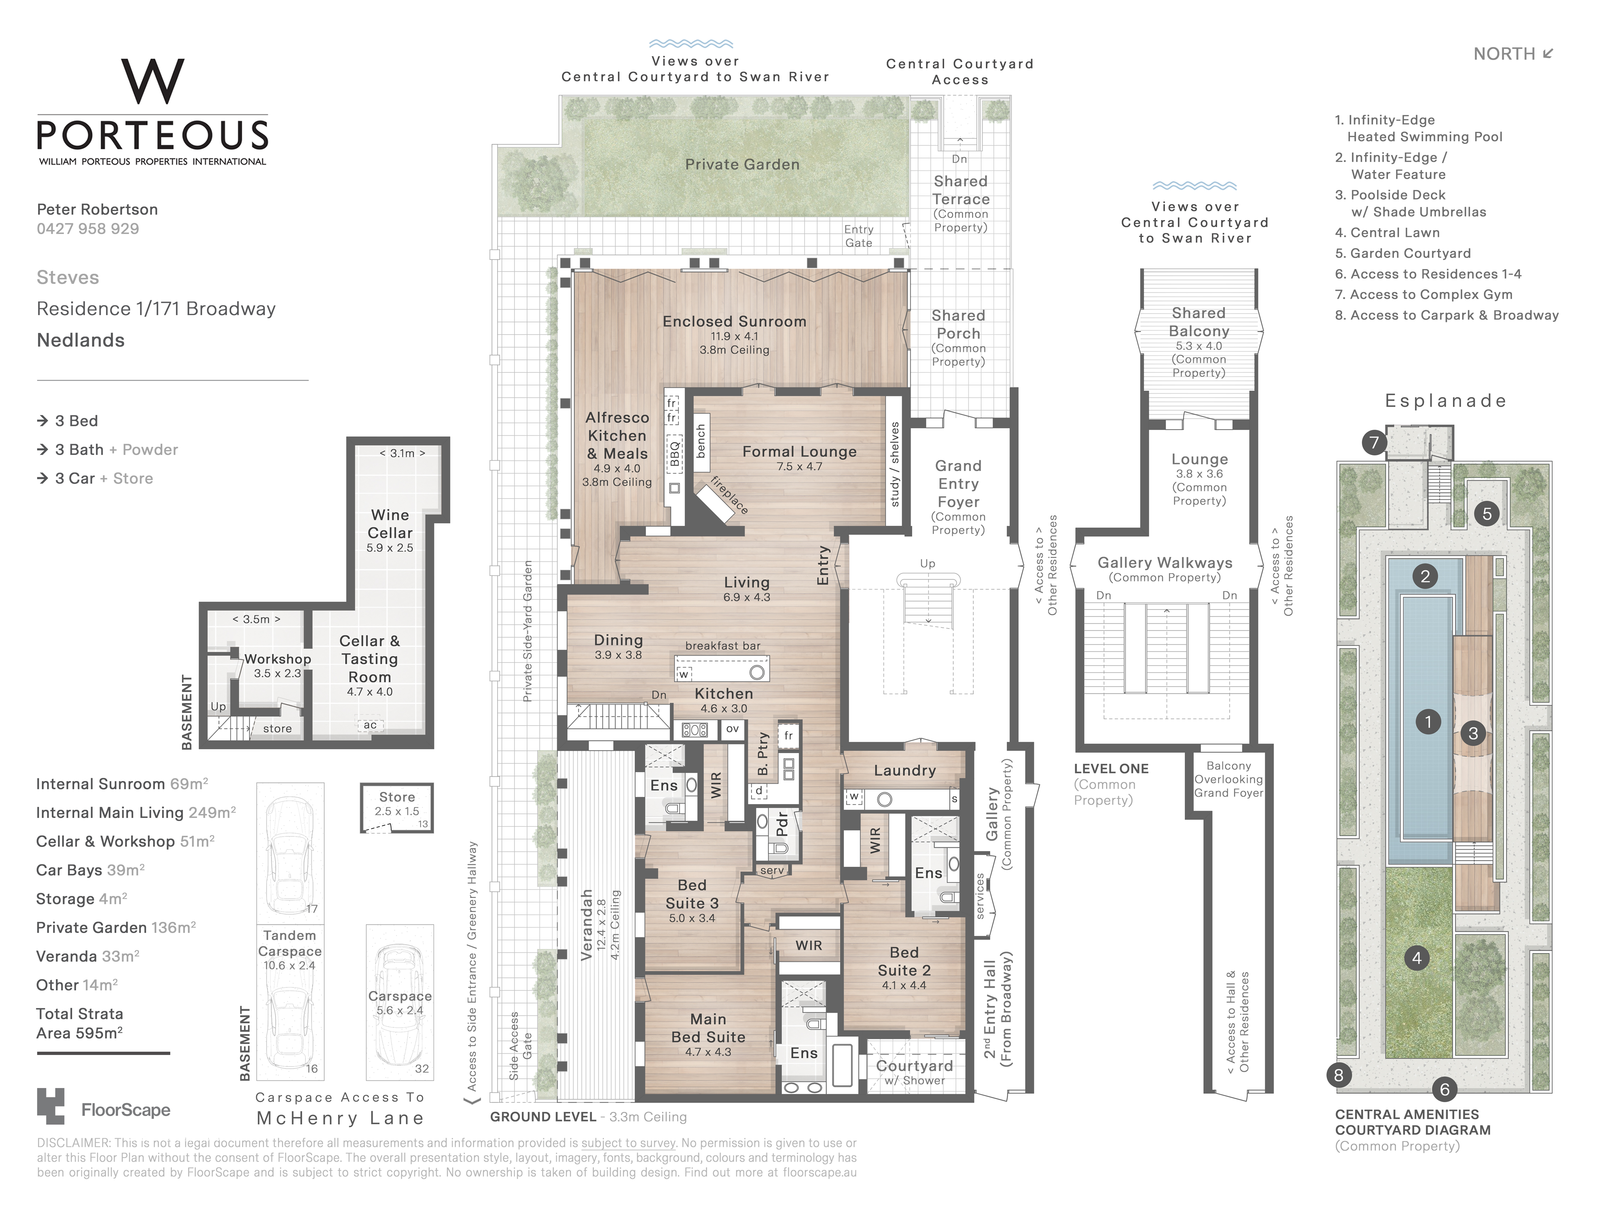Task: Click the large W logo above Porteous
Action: (x=153, y=81)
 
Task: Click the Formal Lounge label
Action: (x=799, y=451)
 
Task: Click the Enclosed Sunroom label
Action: (x=735, y=321)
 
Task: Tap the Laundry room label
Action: (x=905, y=771)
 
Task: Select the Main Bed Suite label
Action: (x=708, y=1028)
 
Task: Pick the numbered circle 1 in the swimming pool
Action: (x=1428, y=722)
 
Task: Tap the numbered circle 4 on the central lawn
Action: (x=1417, y=958)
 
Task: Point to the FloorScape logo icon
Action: (x=51, y=1106)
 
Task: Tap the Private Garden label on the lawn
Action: (x=742, y=165)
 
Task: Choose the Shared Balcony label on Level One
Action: (x=1199, y=322)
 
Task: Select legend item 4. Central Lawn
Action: (x=1387, y=233)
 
